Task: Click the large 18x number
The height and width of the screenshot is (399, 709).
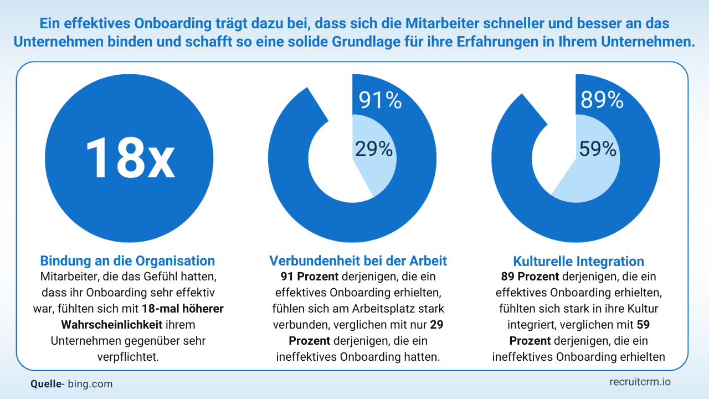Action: coord(130,157)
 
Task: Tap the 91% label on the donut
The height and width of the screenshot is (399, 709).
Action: coord(380,100)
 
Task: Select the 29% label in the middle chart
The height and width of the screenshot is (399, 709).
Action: coord(373,149)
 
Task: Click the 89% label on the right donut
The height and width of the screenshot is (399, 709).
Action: coord(602,100)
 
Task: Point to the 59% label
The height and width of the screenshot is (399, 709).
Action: coord(598,149)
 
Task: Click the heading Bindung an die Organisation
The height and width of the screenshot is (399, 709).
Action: coord(127,260)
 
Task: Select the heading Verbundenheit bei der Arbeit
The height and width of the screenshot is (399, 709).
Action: coord(358,260)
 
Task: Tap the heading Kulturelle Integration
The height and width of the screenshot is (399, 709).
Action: coord(578,261)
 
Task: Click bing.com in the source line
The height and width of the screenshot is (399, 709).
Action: coord(90,383)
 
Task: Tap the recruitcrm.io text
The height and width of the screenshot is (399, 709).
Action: coord(640,382)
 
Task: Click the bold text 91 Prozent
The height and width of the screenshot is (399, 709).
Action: coord(302,276)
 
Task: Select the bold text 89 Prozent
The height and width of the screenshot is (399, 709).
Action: coord(524,276)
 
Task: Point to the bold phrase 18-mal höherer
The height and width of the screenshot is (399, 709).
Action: coord(183,309)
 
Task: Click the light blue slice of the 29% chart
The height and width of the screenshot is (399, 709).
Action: coord(377,172)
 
